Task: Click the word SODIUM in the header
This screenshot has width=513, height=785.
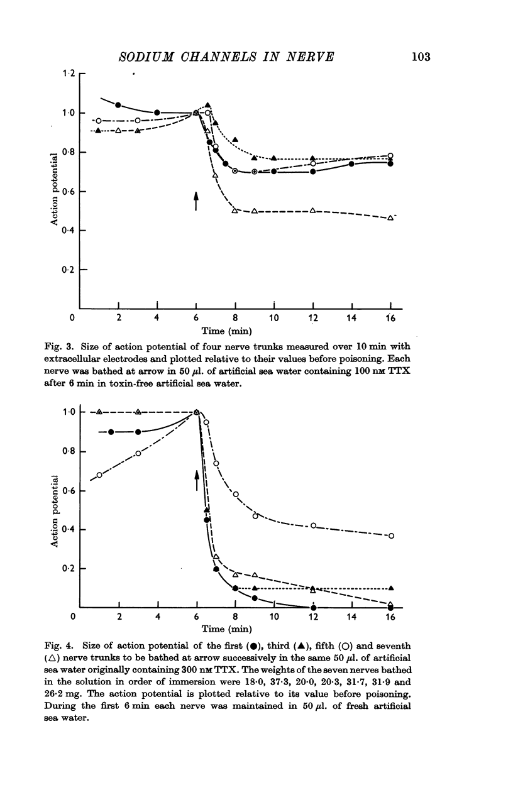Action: pos(146,57)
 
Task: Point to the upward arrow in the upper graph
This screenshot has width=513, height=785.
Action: pos(196,200)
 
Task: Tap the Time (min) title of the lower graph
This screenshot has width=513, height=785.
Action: pos(226,629)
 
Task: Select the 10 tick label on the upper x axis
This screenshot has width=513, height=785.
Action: pos(274,318)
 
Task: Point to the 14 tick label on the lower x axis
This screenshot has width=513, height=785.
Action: pos(352,617)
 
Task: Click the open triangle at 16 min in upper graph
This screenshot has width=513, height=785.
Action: pos(390,218)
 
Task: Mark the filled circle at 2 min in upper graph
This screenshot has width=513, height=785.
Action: pos(118,105)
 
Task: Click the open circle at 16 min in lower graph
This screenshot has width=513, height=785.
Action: pos(391,536)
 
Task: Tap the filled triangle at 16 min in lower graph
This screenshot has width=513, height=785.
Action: pos(391,588)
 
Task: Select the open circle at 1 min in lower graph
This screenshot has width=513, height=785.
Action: pos(99,475)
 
